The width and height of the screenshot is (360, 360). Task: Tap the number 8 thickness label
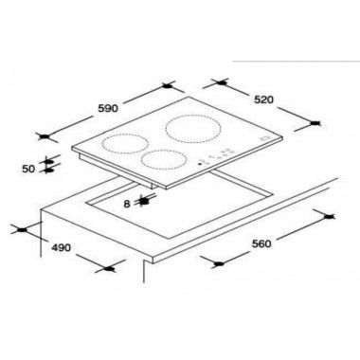pos(127,203)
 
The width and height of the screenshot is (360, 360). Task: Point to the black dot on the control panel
pos(198,165)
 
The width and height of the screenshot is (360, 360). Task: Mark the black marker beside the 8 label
pos(144,200)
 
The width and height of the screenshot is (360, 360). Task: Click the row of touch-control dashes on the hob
pos(220,154)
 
